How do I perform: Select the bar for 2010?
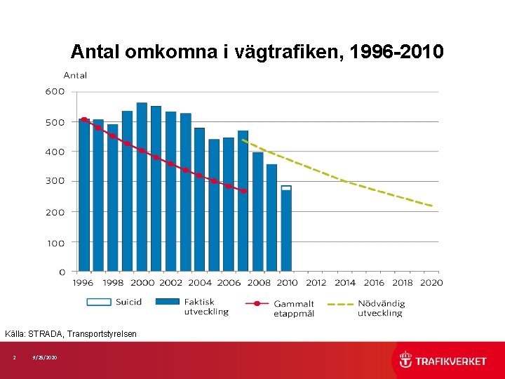point(286,231)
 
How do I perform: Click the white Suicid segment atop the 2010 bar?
point(286,188)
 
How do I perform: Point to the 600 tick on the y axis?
point(55,91)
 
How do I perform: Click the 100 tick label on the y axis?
point(55,243)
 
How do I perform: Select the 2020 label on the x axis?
point(431,283)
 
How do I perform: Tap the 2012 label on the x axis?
point(316,283)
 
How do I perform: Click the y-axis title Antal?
point(75,75)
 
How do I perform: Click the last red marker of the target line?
point(243,191)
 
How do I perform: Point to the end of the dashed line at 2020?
point(432,206)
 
